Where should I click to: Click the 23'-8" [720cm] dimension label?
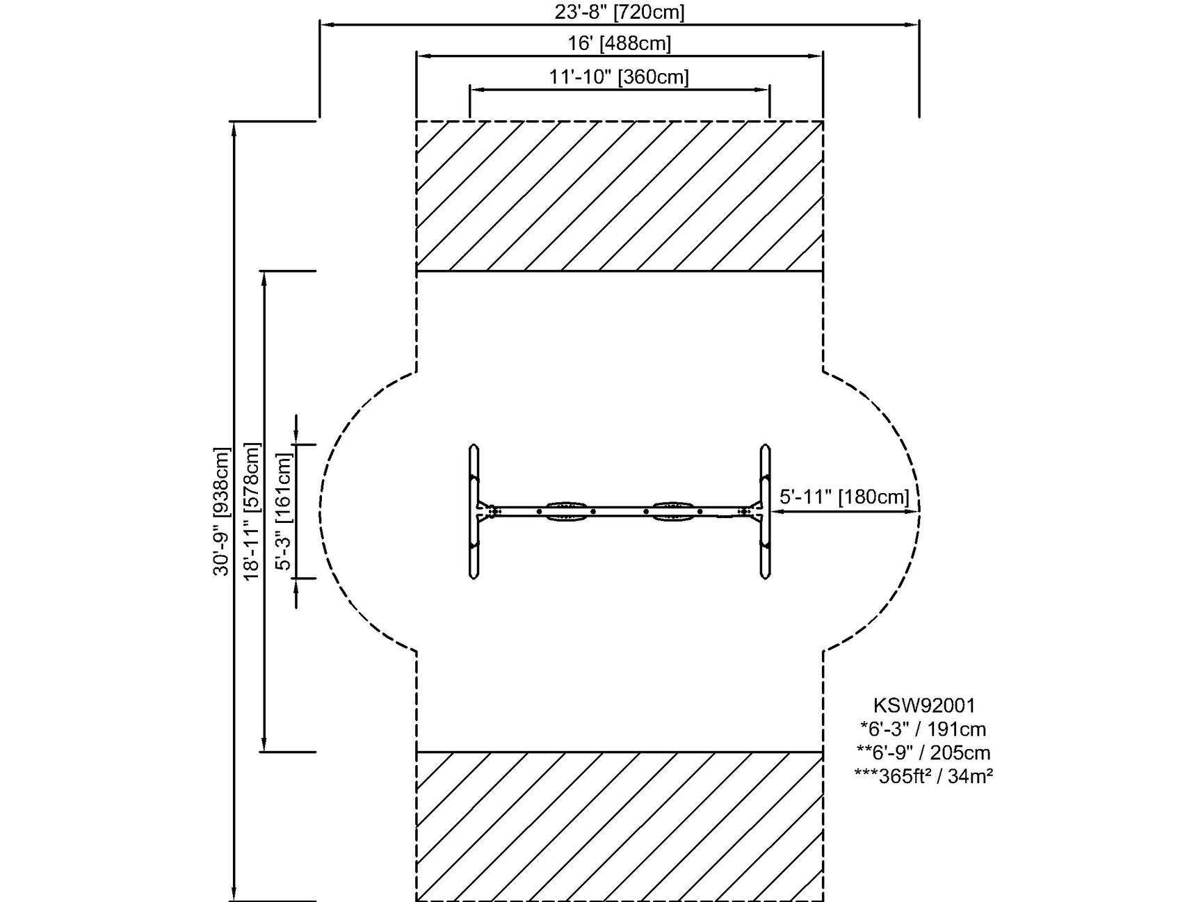(x=619, y=12)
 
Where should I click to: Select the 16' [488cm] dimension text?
(x=619, y=43)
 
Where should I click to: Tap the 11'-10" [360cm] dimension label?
(x=619, y=76)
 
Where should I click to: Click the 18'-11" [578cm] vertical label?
(x=252, y=511)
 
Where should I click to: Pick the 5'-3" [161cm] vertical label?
(x=284, y=511)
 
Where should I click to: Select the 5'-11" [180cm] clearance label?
(x=843, y=497)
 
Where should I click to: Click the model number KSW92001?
(x=924, y=705)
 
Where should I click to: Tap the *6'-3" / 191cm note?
(x=923, y=729)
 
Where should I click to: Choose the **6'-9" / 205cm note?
(x=923, y=752)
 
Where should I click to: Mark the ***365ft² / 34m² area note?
(x=923, y=776)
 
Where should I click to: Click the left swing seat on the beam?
(x=566, y=512)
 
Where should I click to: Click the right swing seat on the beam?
(x=672, y=512)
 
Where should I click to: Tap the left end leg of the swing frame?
(x=474, y=511)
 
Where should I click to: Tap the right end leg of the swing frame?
(x=765, y=511)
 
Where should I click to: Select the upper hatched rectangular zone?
(x=619, y=195)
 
